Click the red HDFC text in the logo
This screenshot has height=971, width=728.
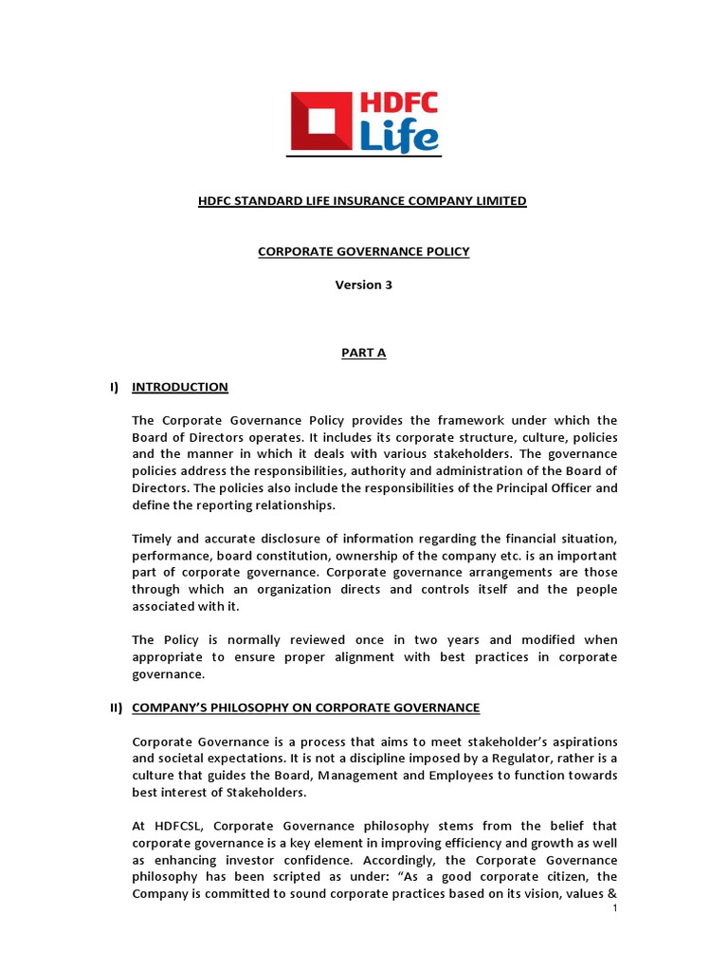point(398,103)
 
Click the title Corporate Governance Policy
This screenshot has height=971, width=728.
point(362,251)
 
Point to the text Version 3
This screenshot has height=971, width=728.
point(362,285)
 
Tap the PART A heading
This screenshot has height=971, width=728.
point(363,353)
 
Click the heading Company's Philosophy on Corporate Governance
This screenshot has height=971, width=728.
point(305,707)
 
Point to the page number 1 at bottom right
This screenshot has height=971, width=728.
point(614,908)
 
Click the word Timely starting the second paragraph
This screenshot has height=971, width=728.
point(153,539)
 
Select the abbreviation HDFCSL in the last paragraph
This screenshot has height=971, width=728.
point(174,826)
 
